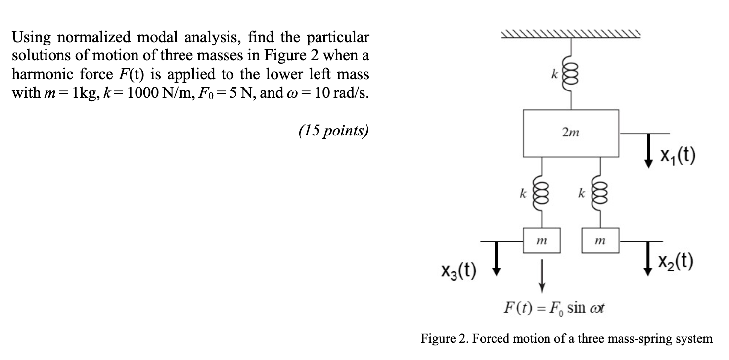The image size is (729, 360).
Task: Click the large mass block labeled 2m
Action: (571, 132)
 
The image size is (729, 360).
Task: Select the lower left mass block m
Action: (542, 241)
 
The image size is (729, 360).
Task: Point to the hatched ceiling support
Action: (571, 34)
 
